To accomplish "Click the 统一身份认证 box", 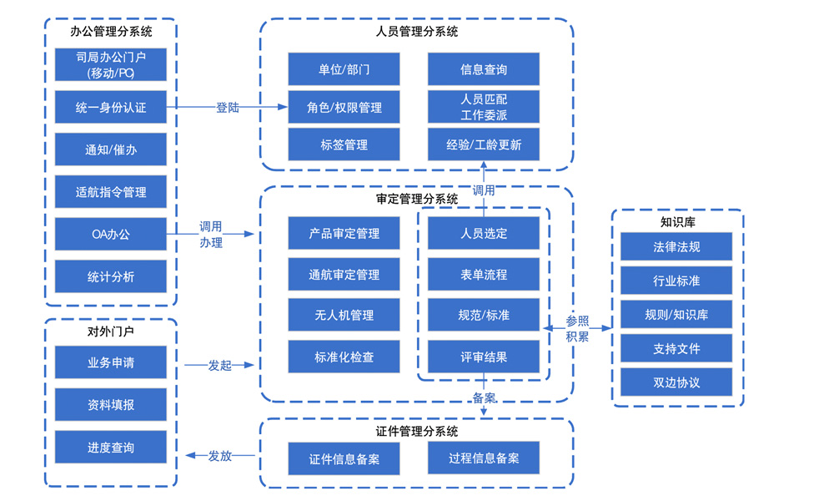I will (x=111, y=108).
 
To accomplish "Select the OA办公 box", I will (x=111, y=234).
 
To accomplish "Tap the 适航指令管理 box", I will (x=111, y=192).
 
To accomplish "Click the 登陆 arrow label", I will (x=228, y=108).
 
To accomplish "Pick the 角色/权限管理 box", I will (x=344, y=108).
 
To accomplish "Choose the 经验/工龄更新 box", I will (x=484, y=144).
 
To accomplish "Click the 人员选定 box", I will (x=484, y=233).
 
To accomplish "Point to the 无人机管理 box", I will (x=344, y=316).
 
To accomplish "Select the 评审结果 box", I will (x=484, y=357).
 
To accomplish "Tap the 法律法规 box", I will (x=676, y=247).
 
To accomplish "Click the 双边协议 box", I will (x=676, y=382).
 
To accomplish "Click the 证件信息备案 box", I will (x=344, y=459).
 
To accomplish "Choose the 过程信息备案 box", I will (x=484, y=458).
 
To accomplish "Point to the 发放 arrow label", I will (x=219, y=456).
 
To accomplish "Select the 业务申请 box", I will (x=111, y=362).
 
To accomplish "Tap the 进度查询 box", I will (x=111, y=448).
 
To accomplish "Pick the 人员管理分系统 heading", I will (x=416, y=32).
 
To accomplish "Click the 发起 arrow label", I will (x=219, y=365).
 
